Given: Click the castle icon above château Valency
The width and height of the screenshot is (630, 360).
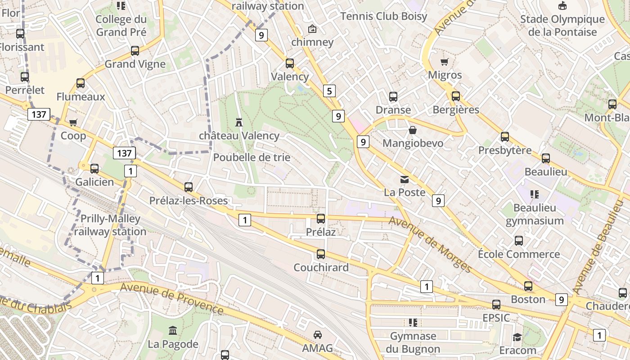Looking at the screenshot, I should [239, 122].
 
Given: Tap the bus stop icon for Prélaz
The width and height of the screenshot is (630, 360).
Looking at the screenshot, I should [321, 219].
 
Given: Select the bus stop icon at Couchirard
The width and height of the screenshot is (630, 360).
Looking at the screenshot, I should [321, 254].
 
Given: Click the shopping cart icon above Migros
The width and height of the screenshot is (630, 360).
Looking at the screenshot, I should [445, 62].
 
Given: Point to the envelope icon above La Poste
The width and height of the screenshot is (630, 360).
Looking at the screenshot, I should [405, 180].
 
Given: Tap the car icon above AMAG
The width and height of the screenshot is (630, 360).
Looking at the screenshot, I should [318, 334].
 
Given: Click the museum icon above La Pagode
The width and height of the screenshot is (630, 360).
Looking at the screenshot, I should [173, 331].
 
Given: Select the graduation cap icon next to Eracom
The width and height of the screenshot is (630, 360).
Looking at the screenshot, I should [517, 337].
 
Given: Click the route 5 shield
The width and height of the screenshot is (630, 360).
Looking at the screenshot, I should [329, 91].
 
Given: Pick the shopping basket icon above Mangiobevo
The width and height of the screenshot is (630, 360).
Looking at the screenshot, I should [413, 130].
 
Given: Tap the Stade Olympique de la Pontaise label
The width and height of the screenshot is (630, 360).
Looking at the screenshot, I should [562, 26].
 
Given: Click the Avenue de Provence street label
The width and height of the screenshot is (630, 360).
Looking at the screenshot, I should [172, 298].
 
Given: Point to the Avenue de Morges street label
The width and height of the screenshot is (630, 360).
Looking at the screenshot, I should [430, 244].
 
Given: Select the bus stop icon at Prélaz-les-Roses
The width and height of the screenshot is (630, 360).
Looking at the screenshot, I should [189, 187].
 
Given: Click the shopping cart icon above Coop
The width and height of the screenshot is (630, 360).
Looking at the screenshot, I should [73, 122].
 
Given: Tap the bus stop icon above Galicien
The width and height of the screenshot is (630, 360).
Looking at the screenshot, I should [94, 169].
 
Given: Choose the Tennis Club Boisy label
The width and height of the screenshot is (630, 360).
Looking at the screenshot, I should [383, 16].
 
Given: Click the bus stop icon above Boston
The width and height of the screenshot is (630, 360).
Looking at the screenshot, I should [528, 286].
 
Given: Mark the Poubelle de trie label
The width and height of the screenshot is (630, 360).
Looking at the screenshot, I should [252, 157].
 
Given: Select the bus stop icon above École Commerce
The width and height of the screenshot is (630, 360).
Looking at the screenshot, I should [519, 241].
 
